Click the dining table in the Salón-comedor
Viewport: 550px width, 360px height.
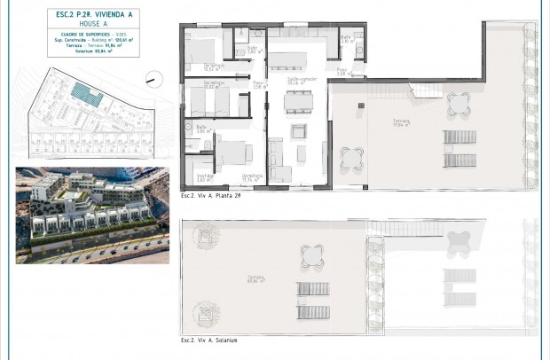click(x=297, y=101)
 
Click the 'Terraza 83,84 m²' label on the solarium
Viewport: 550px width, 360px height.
click(x=234, y=281)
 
